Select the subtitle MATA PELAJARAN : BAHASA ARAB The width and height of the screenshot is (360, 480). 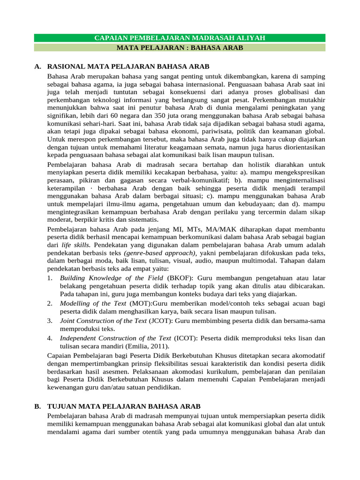tap(180, 47)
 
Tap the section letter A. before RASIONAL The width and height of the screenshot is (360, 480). tap(38, 67)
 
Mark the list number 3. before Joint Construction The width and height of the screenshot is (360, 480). tap(50, 321)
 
